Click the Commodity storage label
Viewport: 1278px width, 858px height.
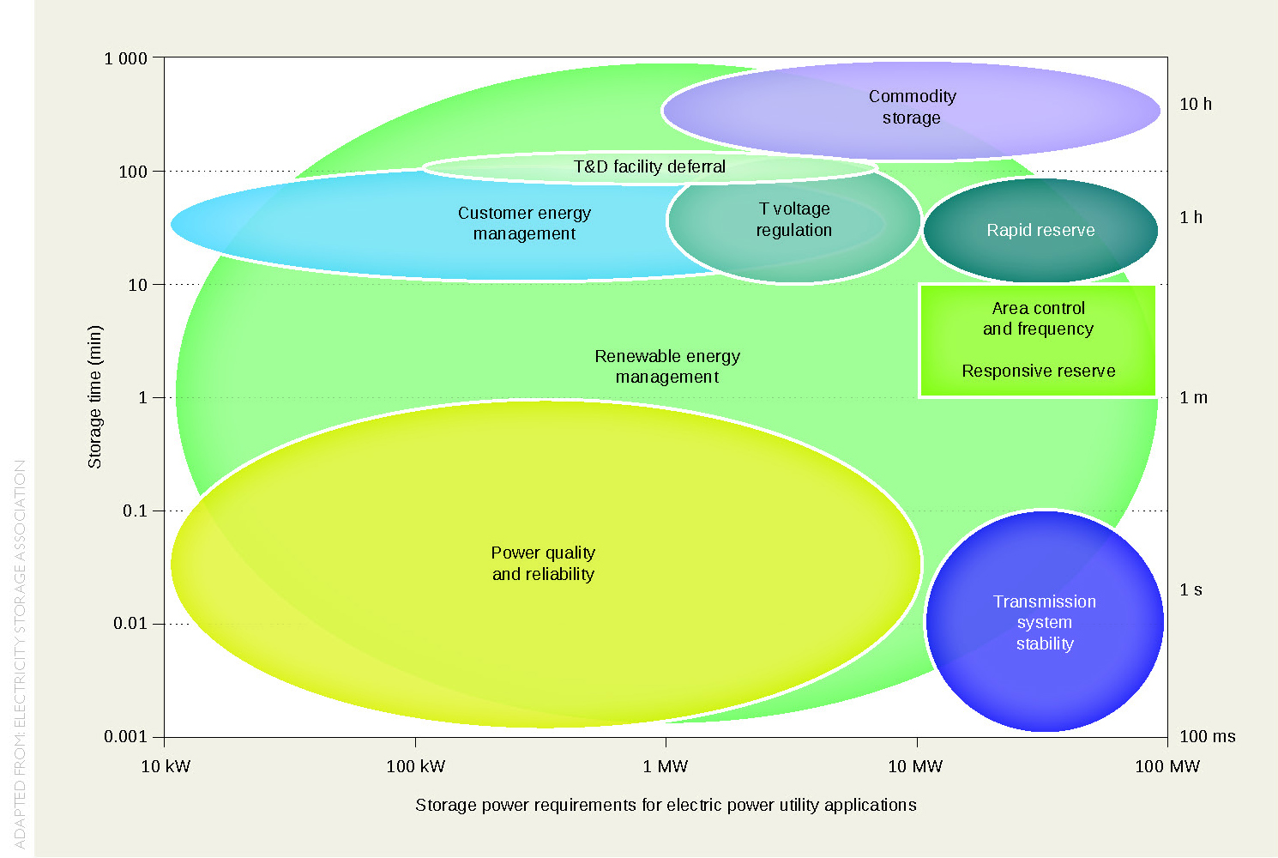click(912, 107)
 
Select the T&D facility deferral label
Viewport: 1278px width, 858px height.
click(649, 166)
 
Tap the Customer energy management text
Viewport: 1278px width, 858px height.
click(524, 223)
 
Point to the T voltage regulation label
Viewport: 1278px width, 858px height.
click(794, 220)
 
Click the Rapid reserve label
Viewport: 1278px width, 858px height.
click(1040, 230)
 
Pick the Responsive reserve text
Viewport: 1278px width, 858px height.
click(1038, 371)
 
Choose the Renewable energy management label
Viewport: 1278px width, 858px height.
click(667, 366)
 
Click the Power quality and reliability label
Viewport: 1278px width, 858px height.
click(543, 564)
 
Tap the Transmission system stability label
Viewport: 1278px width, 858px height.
click(1045, 622)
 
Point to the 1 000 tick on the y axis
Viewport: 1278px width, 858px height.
click(126, 58)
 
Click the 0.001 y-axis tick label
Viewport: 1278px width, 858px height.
click(125, 737)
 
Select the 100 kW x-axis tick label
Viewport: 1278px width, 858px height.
click(416, 766)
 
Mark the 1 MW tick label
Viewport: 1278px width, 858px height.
click(666, 766)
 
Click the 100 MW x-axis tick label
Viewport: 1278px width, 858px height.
click(1166, 766)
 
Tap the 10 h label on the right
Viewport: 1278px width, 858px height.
click(1196, 104)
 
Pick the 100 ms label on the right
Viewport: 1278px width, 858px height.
click(1208, 736)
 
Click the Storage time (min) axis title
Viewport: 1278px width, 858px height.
click(94, 396)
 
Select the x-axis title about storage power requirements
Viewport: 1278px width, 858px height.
click(666, 805)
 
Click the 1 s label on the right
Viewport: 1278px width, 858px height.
click(1191, 589)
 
